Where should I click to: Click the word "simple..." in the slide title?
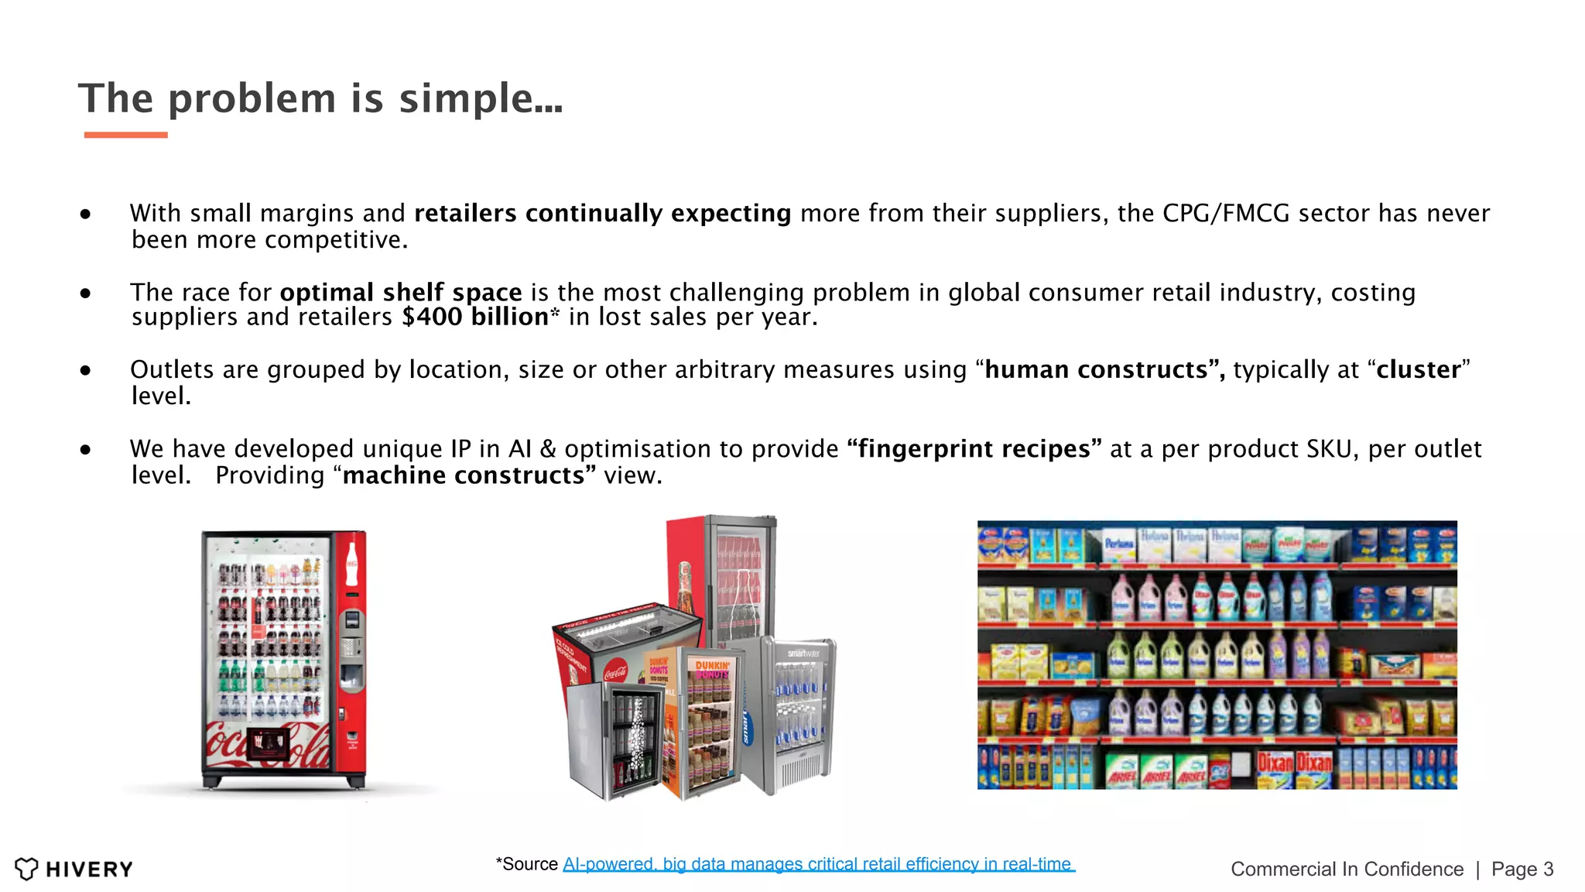coord(481,99)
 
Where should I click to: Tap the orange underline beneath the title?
coord(125,135)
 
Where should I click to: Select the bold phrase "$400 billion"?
coord(475,317)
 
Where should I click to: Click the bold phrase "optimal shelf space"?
coord(401,293)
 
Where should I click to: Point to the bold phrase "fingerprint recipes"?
coord(974,449)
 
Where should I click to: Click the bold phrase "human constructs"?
coord(1096,370)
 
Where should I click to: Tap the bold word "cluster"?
coord(1418,370)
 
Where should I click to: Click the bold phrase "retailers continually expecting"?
coord(602,214)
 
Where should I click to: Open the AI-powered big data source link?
coord(818,864)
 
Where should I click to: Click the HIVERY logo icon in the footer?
coord(26,869)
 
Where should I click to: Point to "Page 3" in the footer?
coord(1522,870)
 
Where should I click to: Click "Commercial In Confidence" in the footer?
coord(1347,870)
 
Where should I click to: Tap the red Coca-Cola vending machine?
coord(283,658)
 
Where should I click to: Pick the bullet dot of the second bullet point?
coord(85,293)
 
